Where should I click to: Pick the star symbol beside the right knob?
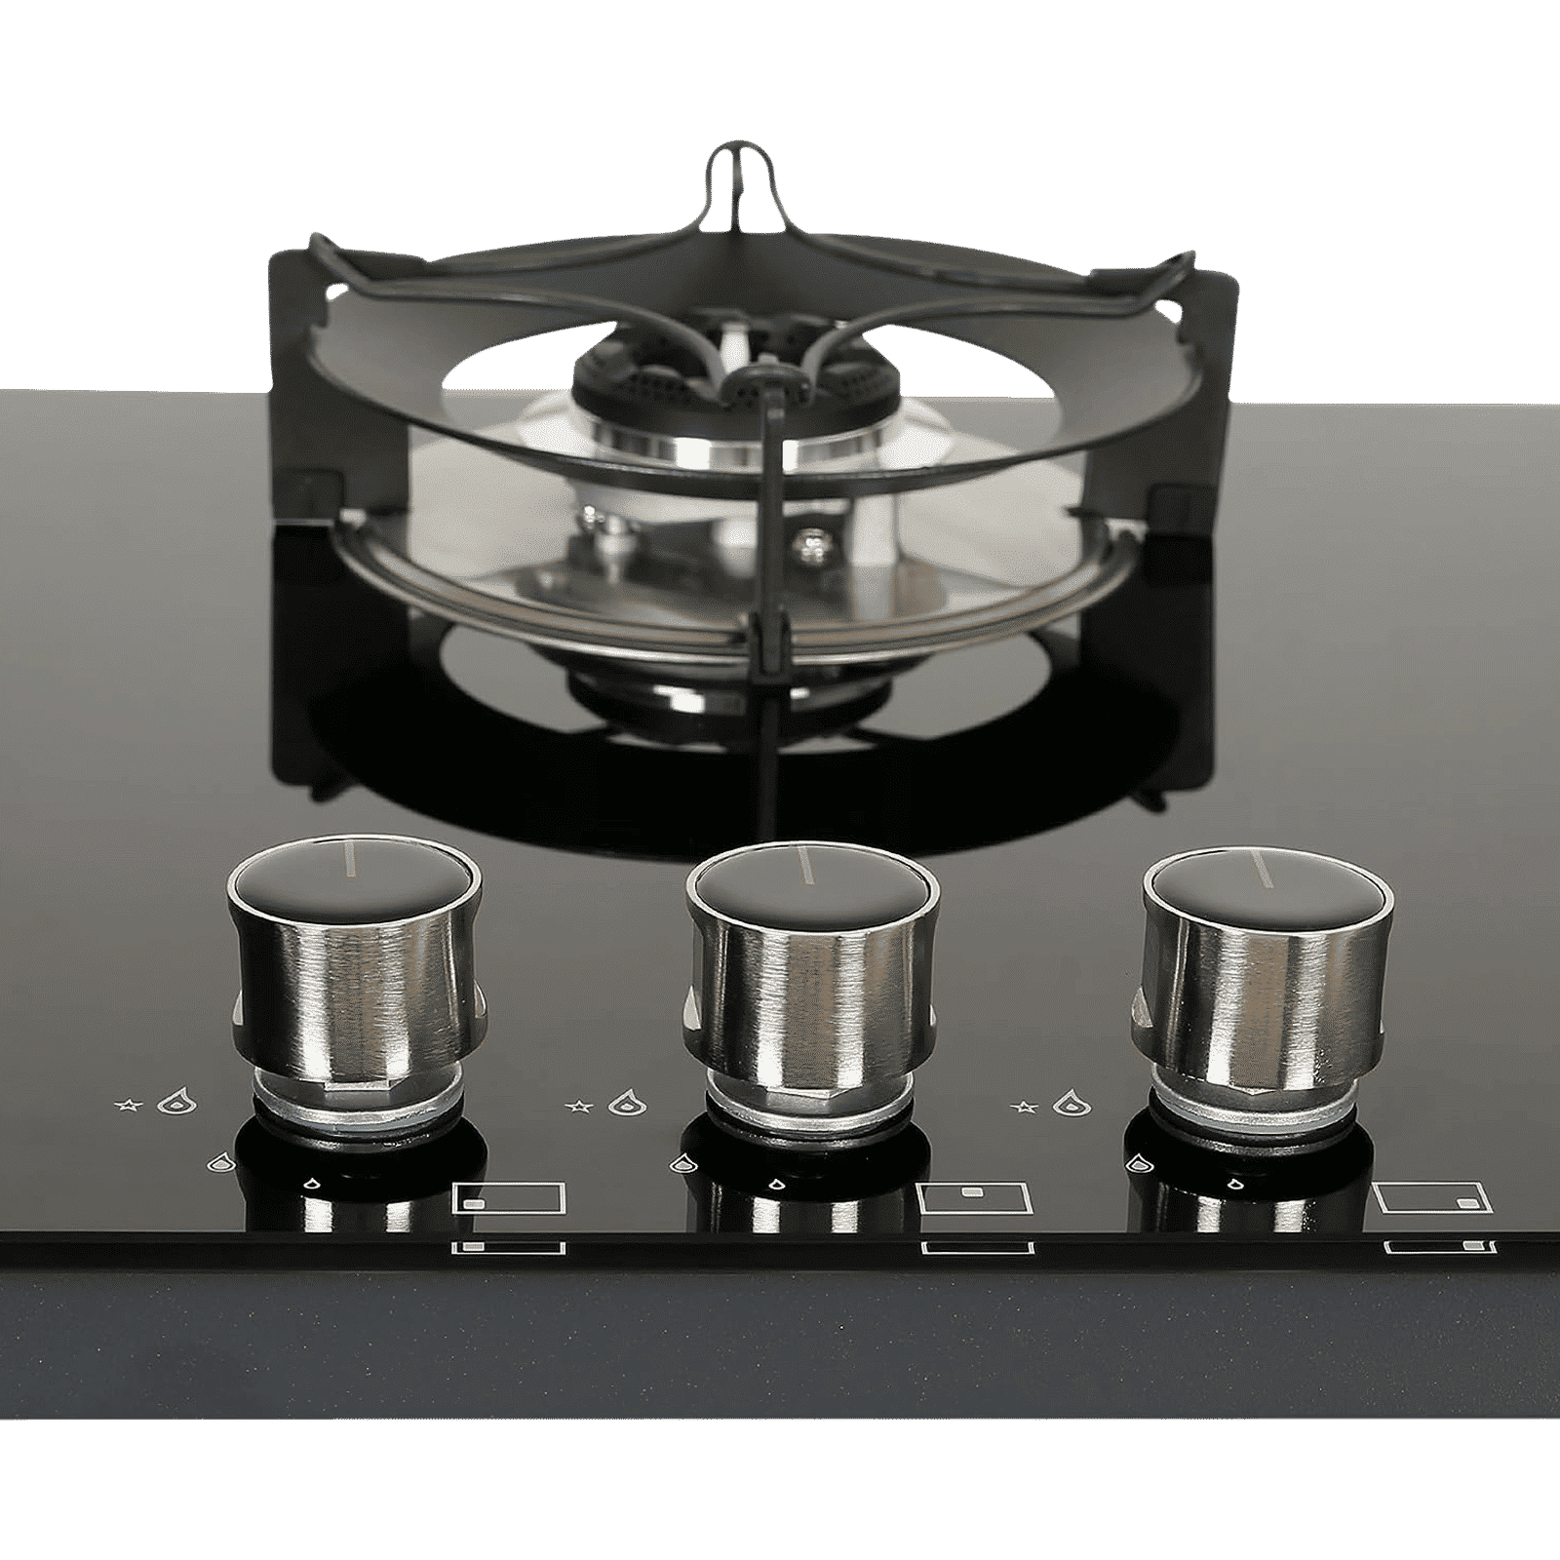click(x=1025, y=1106)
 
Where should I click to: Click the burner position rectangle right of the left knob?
click(x=510, y=1198)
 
